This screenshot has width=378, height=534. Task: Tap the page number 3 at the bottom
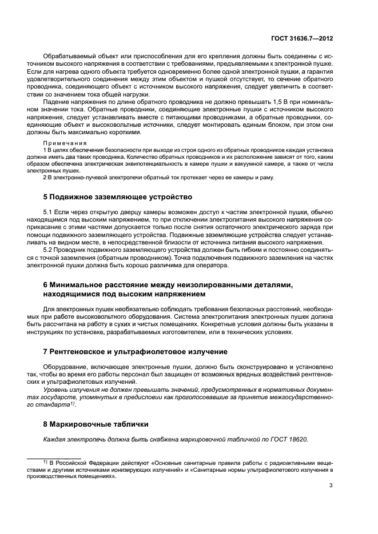[x=332, y=485]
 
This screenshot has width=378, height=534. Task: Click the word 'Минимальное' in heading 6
[x=77, y=284]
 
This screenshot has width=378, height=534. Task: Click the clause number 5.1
[x=49, y=212]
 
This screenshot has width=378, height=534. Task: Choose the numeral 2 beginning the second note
[x=45, y=177]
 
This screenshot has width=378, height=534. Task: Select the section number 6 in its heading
[x=46, y=284]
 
